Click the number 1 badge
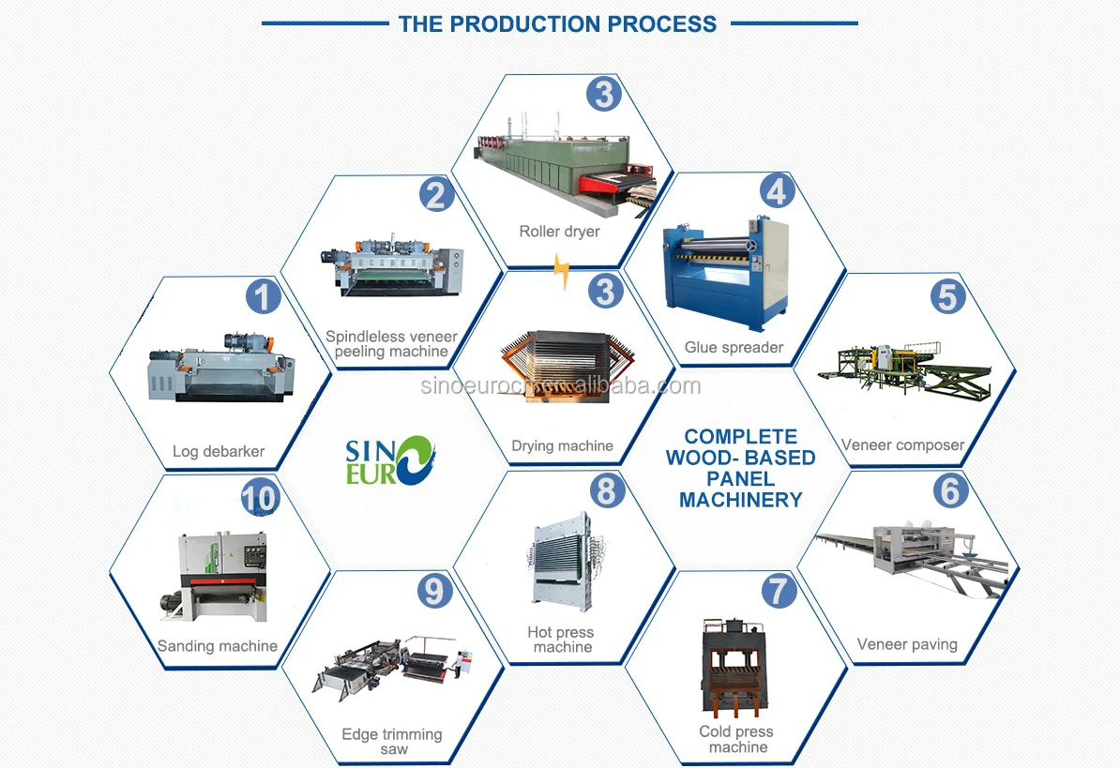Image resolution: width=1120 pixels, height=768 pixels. pyautogui.click(x=263, y=297)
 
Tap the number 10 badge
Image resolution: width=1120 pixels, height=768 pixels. pyautogui.click(x=259, y=498)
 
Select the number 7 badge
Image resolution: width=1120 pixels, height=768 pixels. pyautogui.click(x=779, y=591)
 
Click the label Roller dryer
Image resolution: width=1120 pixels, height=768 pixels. pyautogui.click(x=559, y=232)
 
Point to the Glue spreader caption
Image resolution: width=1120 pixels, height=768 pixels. pyautogui.click(x=734, y=348)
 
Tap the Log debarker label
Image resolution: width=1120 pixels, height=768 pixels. pyautogui.click(x=219, y=451)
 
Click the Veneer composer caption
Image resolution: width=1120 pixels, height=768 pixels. pyautogui.click(x=903, y=445)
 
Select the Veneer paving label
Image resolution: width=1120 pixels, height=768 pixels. pyautogui.click(x=907, y=644)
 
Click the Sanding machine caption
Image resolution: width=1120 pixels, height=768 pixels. pyautogui.click(x=217, y=646)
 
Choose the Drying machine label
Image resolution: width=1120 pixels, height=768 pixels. pyautogui.click(x=562, y=446)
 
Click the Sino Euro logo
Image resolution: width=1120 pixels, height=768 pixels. pyautogui.click(x=390, y=460)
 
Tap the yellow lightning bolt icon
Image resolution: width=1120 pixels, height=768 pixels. pyautogui.click(x=562, y=271)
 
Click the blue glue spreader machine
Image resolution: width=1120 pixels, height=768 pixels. pyautogui.click(x=726, y=274)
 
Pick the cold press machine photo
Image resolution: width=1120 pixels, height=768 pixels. pyautogui.click(x=735, y=668)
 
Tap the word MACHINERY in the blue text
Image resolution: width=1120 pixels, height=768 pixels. pyautogui.click(x=741, y=500)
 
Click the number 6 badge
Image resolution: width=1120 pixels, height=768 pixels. pyautogui.click(x=951, y=490)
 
